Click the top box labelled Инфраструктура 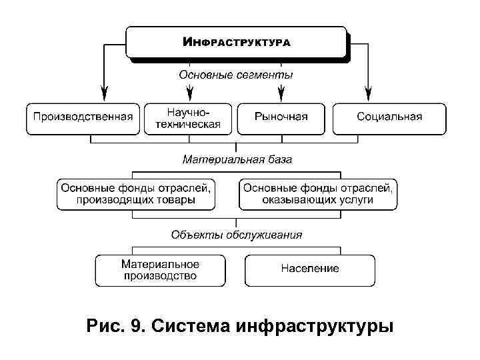click(x=237, y=42)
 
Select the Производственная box click(x=83, y=117)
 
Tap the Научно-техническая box click(x=188, y=117)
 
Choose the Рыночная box click(x=281, y=117)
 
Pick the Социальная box click(x=389, y=117)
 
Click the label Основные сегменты click(x=236, y=75)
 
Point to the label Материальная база click(x=237, y=160)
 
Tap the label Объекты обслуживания click(x=237, y=235)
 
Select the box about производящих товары click(x=136, y=194)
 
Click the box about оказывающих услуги click(x=318, y=194)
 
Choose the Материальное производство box click(x=160, y=270)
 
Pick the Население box click(x=310, y=269)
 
